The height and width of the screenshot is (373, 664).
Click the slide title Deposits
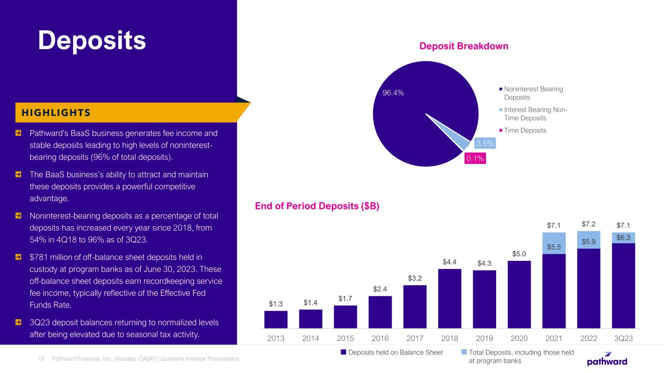click(x=92, y=40)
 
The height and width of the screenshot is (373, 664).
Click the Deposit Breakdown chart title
click(x=464, y=46)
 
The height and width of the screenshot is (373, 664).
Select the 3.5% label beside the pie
click(x=485, y=143)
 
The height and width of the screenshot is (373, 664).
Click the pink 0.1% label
click(x=475, y=158)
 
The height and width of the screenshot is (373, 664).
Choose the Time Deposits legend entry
click(x=525, y=130)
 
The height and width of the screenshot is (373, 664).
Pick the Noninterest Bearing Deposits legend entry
click(x=534, y=93)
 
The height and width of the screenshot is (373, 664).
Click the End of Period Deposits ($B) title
click(x=317, y=206)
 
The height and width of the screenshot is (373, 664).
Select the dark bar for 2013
click(x=276, y=320)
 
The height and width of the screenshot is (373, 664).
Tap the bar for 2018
click(x=449, y=299)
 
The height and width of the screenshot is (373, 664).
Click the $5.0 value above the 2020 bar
click(x=519, y=254)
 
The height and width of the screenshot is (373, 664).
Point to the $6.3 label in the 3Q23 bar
click(x=623, y=237)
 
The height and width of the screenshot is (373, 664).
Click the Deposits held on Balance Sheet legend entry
click(x=392, y=353)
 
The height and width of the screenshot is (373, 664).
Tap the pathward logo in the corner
click(x=608, y=359)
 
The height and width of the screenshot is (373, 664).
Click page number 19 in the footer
click(x=41, y=358)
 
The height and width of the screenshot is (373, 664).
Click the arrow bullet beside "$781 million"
click(x=18, y=256)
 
